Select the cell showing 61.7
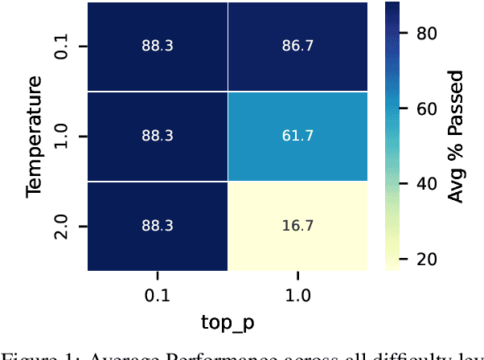(297, 137)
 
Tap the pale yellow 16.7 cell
(297, 227)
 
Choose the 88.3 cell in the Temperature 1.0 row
(158, 137)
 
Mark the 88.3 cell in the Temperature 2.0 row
(158, 227)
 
